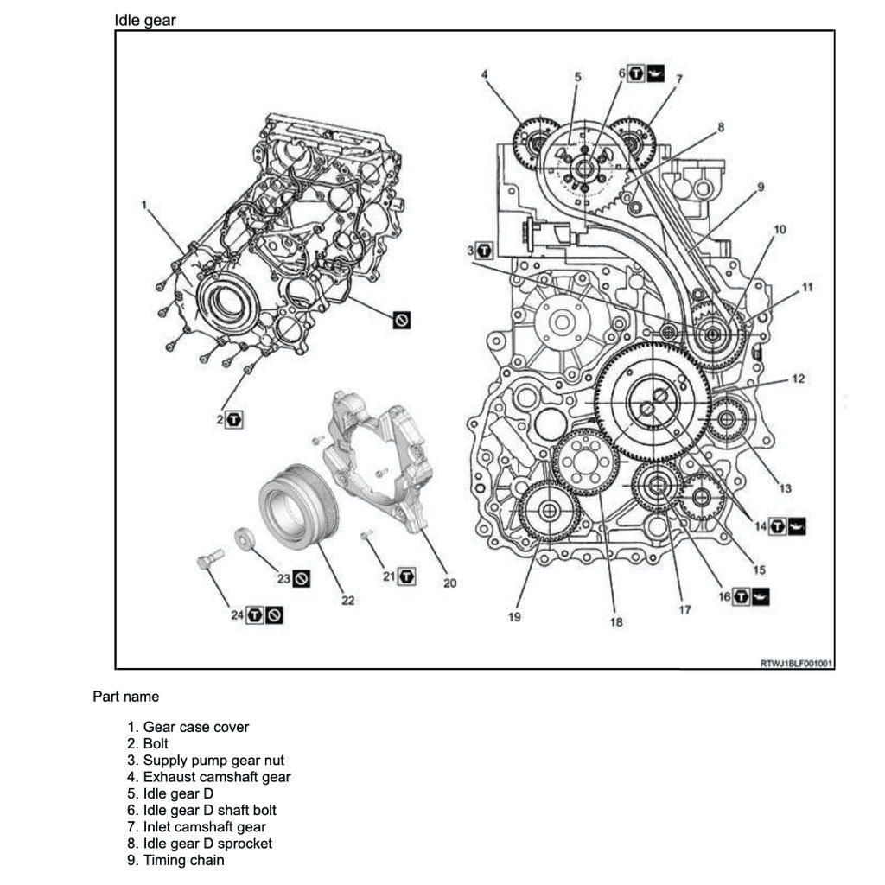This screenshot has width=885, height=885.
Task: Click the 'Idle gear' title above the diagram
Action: coord(145,20)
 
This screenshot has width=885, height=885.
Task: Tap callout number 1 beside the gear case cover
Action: coord(145,205)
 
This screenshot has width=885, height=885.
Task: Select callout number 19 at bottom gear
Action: coord(514,617)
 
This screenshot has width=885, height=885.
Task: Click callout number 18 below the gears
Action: coord(616,621)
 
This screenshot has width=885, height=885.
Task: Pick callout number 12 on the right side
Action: coord(798,379)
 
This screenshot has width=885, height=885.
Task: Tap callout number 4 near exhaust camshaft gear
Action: coord(485,74)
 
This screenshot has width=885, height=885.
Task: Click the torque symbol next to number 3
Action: coord(484,251)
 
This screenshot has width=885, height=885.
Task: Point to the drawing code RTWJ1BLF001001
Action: coord(795,664)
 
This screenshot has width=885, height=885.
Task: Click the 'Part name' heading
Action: coord(126,696)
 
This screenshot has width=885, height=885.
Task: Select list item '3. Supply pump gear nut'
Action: coord(206,761)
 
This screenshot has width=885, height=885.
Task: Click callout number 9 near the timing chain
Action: coord(761,187)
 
